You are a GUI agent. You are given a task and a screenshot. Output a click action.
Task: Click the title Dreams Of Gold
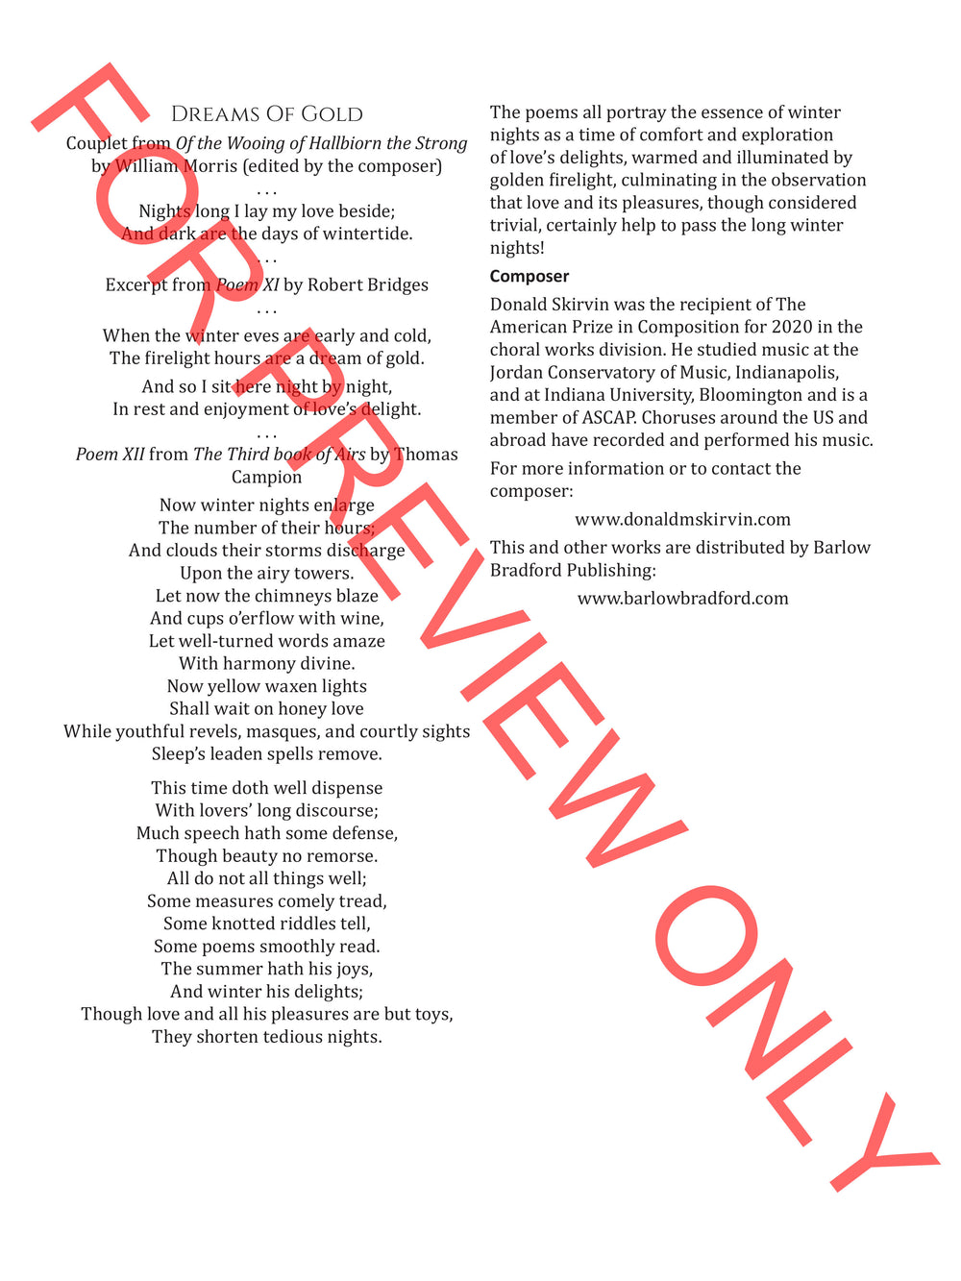[x=266, y=114]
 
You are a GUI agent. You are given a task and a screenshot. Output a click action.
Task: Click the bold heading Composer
[x=530, y=277]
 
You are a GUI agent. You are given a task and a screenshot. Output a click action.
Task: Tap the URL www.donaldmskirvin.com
[x=682, y=520]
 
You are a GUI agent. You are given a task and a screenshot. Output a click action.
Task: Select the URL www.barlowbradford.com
[x=682, y=599]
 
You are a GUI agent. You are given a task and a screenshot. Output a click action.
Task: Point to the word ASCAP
[x=604, y=417]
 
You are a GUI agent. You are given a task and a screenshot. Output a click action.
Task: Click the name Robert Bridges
[x=368, y=284]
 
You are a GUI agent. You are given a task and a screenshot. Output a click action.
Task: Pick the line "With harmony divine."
[x=266, y=664]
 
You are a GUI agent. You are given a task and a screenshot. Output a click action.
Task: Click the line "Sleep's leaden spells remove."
[x=266, y=754]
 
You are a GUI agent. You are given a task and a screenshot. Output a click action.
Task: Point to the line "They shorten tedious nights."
[x=266, y=1037]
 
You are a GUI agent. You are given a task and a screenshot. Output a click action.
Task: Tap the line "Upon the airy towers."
[x=266, y=574]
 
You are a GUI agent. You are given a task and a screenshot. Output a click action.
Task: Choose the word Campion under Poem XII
[x=266, y=477]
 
